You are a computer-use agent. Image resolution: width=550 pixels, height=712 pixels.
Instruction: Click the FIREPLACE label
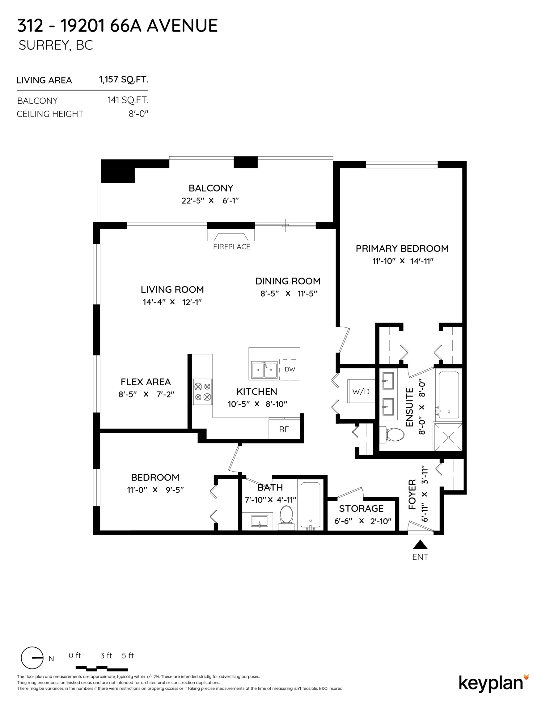[231, 247]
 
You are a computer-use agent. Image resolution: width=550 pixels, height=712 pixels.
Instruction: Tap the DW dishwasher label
[290, 369]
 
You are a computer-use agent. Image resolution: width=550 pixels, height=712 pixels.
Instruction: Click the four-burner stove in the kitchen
[202, 392]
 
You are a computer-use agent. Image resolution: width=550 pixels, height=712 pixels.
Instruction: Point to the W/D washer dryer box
[361, 391]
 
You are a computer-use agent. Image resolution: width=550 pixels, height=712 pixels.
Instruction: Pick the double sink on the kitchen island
[264, 370]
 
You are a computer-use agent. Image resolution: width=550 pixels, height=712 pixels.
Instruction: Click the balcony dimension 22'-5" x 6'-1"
[210, 201]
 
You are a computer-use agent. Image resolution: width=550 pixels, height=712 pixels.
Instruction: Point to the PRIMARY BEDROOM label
[402, 249]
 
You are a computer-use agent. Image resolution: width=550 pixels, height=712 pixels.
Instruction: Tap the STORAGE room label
[361, 509]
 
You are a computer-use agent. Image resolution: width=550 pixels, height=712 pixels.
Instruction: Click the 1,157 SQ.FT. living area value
[124, 79]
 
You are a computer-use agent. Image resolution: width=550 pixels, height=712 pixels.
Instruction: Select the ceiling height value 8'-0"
[138, 114]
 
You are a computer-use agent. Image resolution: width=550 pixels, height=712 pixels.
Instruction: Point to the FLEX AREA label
[146, 382]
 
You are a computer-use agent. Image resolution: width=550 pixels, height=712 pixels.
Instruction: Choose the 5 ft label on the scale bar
[128, 655]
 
